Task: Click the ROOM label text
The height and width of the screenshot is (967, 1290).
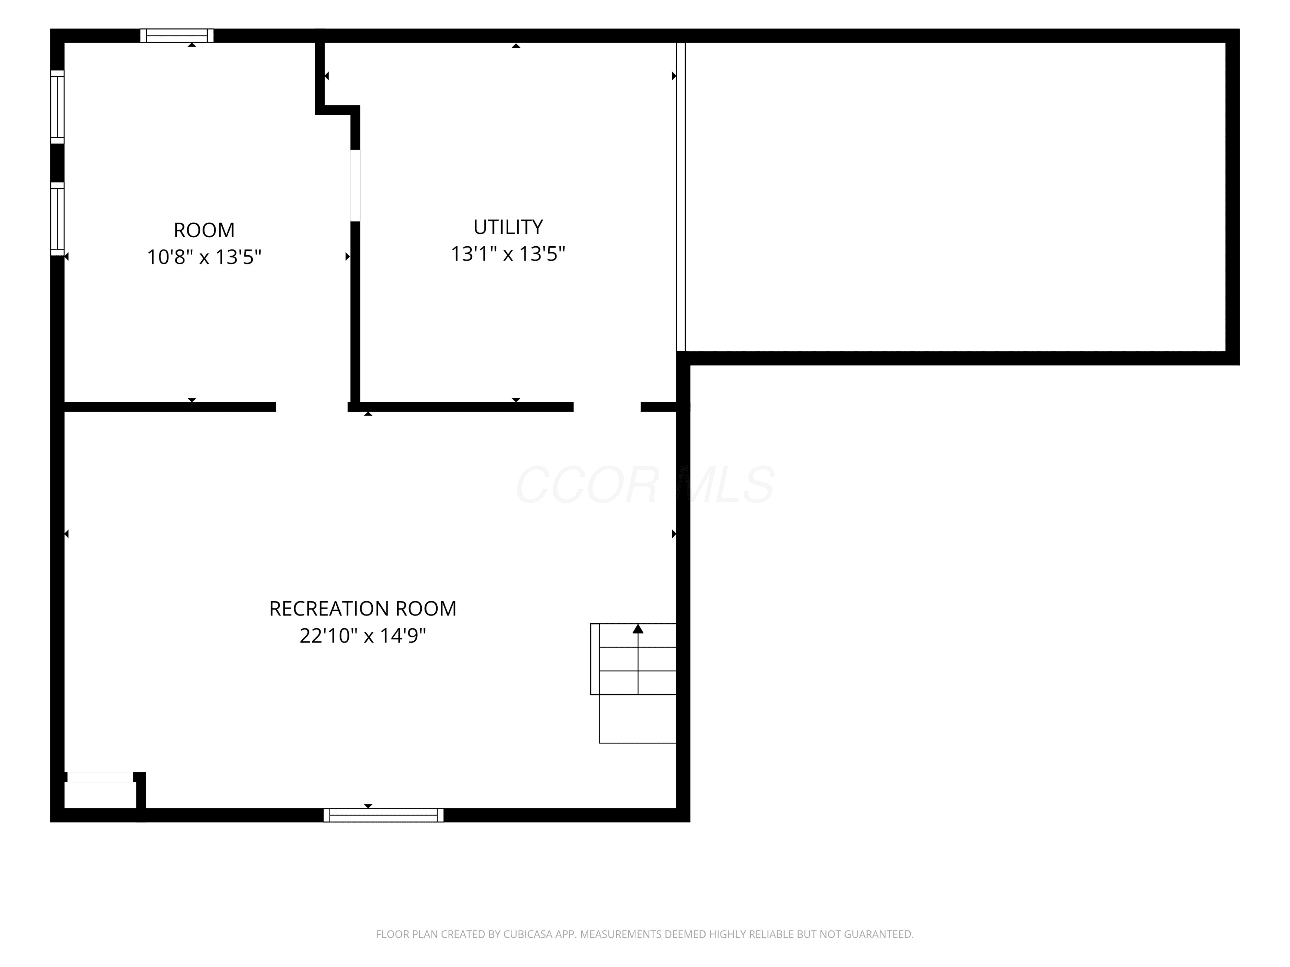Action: [x=204, y=230]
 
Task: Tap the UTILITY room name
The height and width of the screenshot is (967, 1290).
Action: [x=508, y=227]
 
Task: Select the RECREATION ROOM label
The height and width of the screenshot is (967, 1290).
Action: [x=363, y=609]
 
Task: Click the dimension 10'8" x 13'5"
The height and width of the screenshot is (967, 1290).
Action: [x=204, y=257]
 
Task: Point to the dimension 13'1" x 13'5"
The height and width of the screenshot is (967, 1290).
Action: [x=508, y=254]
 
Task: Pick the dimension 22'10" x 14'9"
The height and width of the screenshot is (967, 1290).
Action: [x=363, y=635]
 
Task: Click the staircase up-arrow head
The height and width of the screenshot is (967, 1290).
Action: [x=638, y=629]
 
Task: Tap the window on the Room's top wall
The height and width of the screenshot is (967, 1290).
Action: [x=177, y=36]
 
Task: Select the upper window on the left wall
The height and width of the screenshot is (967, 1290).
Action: [x=57, y=107]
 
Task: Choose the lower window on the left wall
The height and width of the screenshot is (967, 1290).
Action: [x=57, y=219]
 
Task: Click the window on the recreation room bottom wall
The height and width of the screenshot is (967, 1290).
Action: [x=383, y=815]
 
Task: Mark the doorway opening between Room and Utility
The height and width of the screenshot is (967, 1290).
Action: [x=355, y=185]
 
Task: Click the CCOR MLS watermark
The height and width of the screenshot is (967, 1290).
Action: [x=645, y=484]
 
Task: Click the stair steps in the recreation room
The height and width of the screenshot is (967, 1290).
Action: [x=633, y=659]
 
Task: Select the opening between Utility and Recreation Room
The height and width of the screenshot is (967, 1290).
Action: [x=607, y=407]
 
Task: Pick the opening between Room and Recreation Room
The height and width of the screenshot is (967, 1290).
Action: [x=312, y=407]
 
